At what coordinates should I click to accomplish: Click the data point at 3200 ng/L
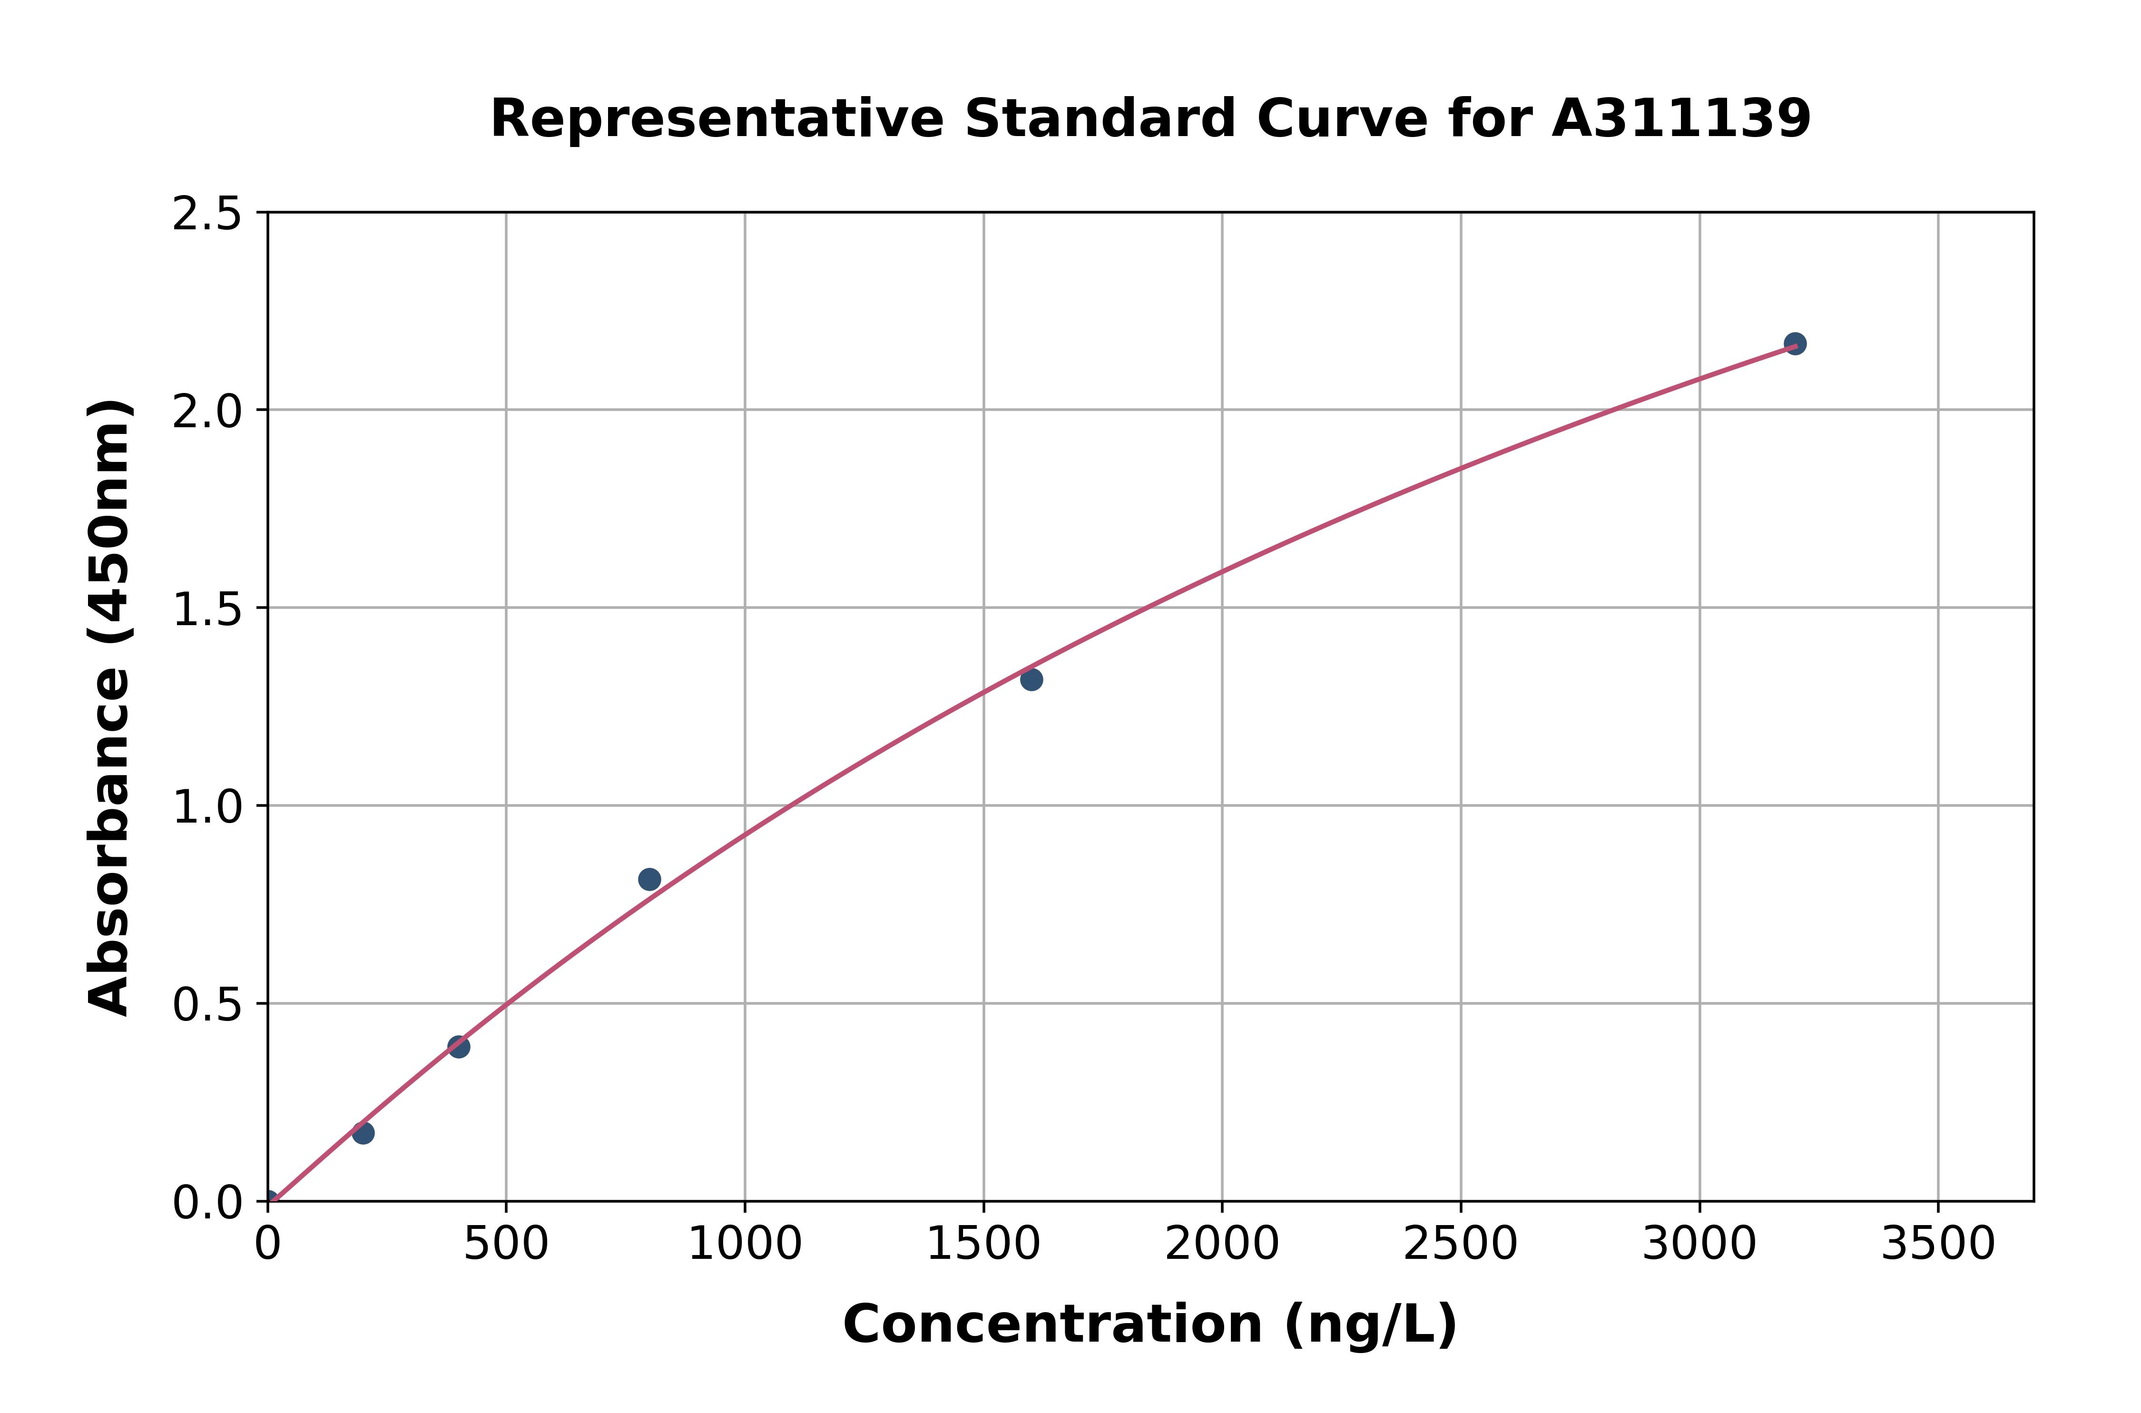[x=1794, y=343]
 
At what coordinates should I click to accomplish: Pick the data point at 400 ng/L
[x=459, y=1046]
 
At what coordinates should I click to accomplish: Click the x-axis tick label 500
[x=505, y=1245]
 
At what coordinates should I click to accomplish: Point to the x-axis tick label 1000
[x=744, y=1245]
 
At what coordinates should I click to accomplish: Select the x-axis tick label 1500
[x=983, y=1245]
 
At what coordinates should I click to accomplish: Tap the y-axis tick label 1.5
[x=207, y=609]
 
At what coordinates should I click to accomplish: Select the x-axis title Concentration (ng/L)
[x=1150, y=1325]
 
